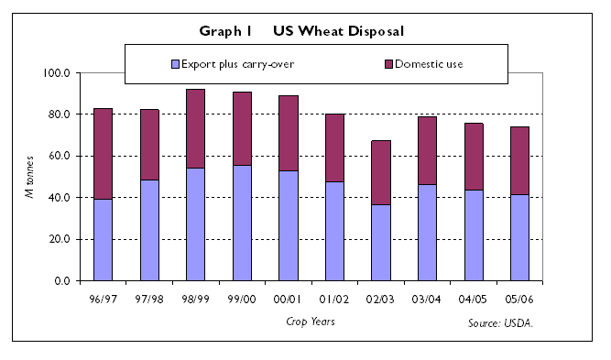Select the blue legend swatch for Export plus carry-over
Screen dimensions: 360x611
175,64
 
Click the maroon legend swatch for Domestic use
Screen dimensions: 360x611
388,64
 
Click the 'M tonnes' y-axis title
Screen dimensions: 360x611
30,176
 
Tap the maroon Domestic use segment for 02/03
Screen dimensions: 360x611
381,172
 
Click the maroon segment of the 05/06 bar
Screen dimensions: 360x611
520,160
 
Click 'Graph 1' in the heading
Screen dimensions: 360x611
225,30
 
